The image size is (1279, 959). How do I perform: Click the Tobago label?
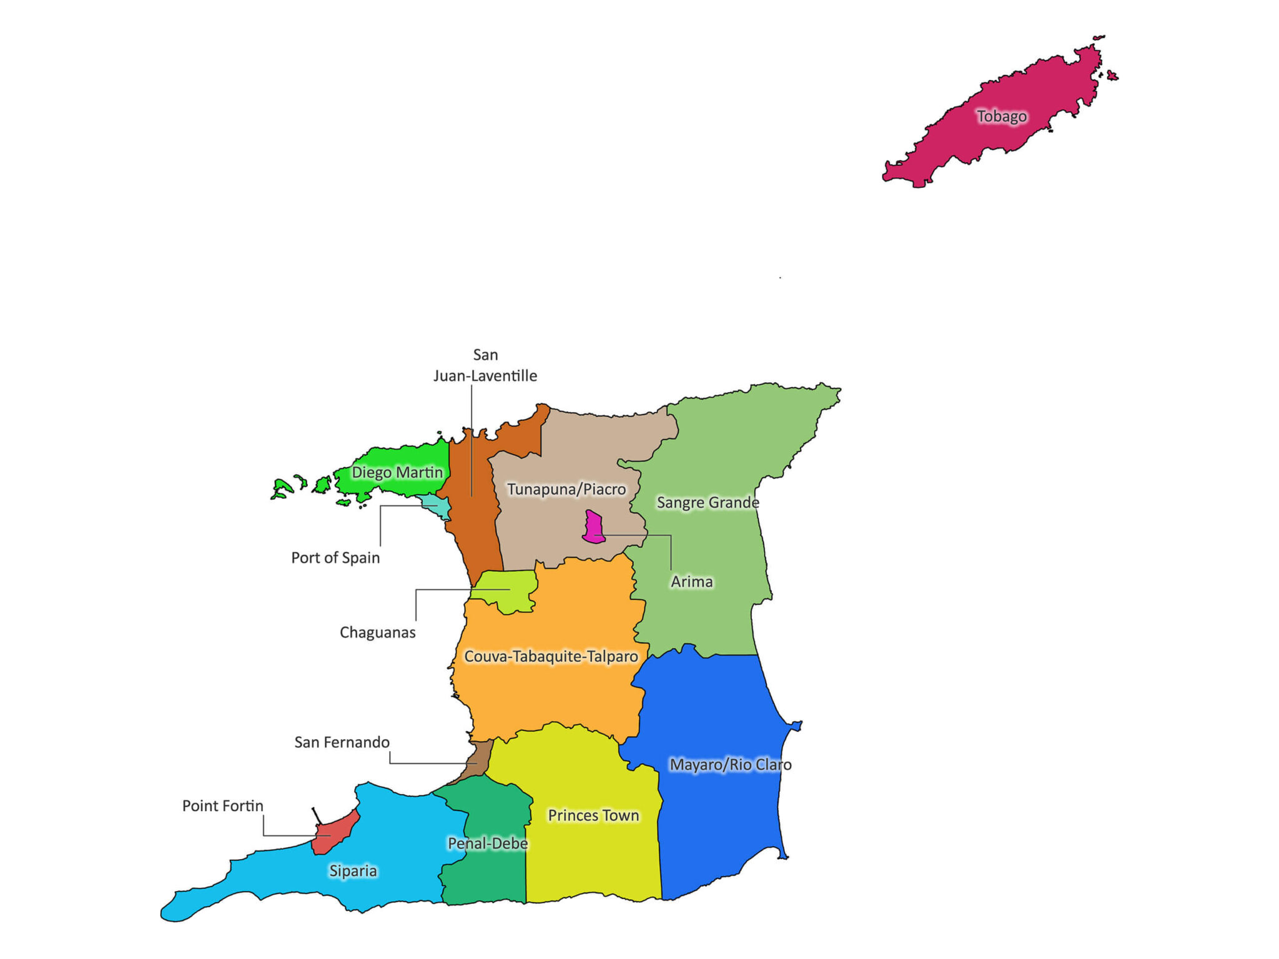click(x=1002, y=116)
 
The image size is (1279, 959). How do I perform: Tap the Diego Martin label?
click(x=397, y=472)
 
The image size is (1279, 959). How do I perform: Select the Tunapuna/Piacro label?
click(x=566, y=489)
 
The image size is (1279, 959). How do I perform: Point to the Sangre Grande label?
click(x=708, y=503)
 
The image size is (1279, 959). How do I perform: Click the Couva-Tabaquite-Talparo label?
click(x=551, y=656)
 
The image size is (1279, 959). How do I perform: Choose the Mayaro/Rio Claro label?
click(x=730, y=765)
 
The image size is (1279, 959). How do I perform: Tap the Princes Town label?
click(x=593, y=815)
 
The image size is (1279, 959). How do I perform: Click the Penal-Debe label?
click(x=488, y=843)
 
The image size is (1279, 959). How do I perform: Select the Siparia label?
click(x=353, y=871)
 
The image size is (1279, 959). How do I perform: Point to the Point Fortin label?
click(x=222, y=806)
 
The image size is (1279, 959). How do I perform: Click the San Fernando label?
click(x=342, y=742)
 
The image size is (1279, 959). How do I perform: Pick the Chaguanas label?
click(x=377, y=632)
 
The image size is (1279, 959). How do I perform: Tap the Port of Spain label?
click(x=335, y=558)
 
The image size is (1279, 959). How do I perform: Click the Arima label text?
click(x=691, y=582)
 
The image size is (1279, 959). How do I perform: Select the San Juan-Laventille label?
click(x=485, y=365)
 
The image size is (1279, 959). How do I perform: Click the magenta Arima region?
click(x=593, y=526)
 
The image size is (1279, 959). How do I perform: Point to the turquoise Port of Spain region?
click(x=436, y=506)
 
